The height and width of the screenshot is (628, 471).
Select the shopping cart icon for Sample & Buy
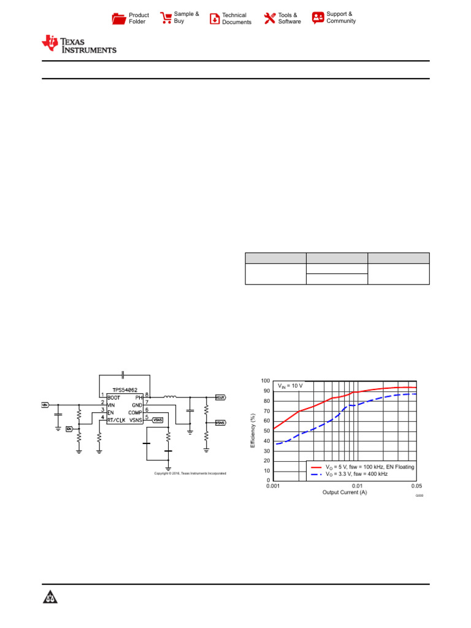[x=166, y=18]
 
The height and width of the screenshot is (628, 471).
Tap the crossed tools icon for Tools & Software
[x=270, y=18]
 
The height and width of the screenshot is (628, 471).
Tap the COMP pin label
[x=135, y=413]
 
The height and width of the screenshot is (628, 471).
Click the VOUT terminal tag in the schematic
[x=220, y=397]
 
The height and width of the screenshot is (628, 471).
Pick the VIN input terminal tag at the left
[x=45, y=405]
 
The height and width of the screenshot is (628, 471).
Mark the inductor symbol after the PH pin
[x=170, y=397]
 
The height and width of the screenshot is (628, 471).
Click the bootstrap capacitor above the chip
[x=124, y=374]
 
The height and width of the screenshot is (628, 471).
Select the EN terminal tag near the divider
[x=69, y=428]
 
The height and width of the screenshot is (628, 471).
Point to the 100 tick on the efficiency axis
[x=266, y=381]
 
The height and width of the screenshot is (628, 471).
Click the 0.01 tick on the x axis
[x=358, y=485]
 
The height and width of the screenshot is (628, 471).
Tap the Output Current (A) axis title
[x=345, y=492]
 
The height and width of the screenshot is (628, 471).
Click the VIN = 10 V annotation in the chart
[x=291, y=386]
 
